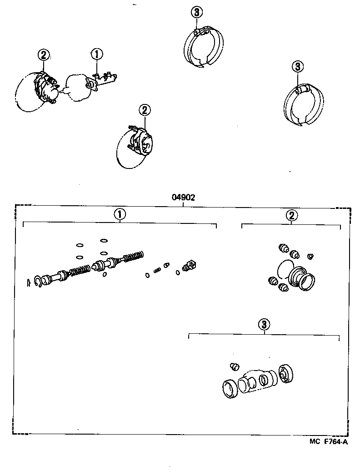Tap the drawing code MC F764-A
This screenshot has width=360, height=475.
click(x=326, y=441)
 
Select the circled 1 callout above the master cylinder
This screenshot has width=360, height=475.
click(x=97, y=54)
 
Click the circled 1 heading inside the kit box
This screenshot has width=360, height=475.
click(x=119, y=214)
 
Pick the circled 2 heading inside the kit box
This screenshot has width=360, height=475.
click(x=291, y=216)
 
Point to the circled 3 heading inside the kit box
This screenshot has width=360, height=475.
click(x=264, y=324)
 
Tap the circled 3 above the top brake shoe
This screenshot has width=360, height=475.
click(x=196, y=12)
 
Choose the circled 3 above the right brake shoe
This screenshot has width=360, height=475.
click(x=297, y=67)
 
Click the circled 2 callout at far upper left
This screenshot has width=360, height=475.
click(x=43, y=55)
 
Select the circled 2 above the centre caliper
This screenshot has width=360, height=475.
click(x=144, y=110)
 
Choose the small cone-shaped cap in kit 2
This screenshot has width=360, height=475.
click(x=310, y=257)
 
